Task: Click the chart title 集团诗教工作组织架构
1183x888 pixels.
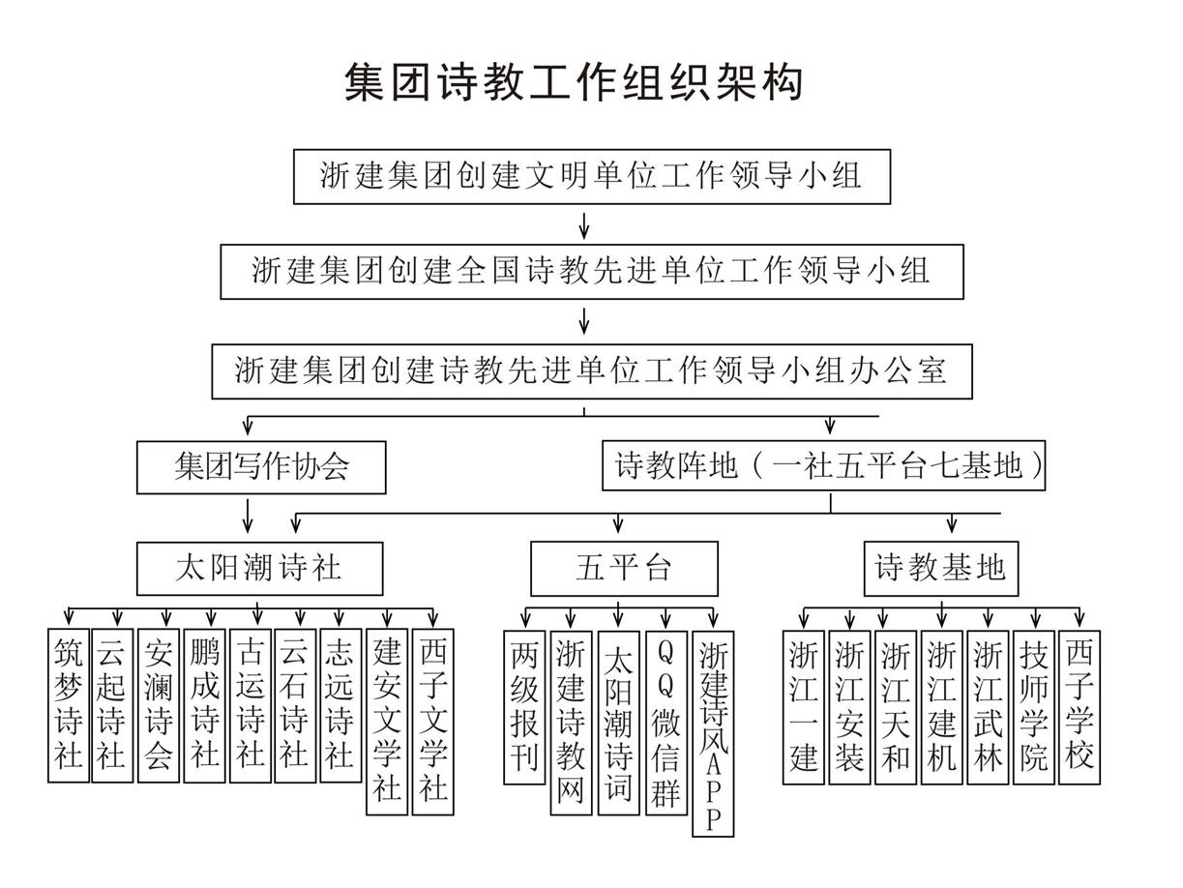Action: pyautogui.click(x=574, y=82)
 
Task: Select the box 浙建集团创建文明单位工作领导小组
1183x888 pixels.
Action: pyautogui.click(x=591, y=177)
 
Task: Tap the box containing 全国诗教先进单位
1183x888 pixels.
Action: pyautogui.click(x=592, y=272)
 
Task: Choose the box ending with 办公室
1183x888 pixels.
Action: pyautogui.click(x=592, y=371)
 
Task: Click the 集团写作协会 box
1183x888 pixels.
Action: pyautogui.click(x=261, y=467)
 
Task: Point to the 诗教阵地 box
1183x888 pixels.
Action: pyautogui.click(x=823, y=465)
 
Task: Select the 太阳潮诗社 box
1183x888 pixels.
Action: pyautogui.click(x=260, y=569)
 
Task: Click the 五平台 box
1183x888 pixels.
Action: pyautogui.click(x=624, y=569)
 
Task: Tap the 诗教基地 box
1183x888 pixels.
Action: pyautogui.click(x=941, y=569)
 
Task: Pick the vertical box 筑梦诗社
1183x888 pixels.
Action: pyautogui.click(x=69, y=705)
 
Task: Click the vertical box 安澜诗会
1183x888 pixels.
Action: pyautogui.click(x=159, y=705)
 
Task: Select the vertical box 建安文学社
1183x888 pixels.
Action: pyautogui.click(x=387, y=722)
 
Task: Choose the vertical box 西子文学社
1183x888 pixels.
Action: pyautogui.click(x=432, y=722)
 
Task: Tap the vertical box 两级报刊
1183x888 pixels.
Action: pyautogui.click(x=524, y=707)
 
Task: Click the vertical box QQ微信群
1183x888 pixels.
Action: pyautogui.click(x=666, y=723)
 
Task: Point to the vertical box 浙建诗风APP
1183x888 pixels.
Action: pyautogui.click(x=713, y=733)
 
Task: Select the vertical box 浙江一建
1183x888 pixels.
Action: pyautogui.click(x=804, y=707)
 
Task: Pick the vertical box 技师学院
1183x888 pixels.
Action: pyautogui.click(x=1034, y=707)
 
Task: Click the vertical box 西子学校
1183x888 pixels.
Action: pyautogui.click(x=1079, y=707)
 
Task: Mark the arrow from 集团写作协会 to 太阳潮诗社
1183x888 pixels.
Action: pyautogui.click(x=248, y=516)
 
